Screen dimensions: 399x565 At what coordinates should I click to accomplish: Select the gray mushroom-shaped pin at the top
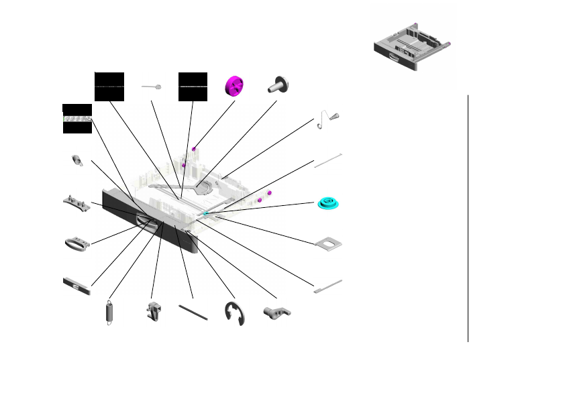click(278, 84)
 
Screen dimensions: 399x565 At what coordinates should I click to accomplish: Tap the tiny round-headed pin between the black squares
click(152, 87)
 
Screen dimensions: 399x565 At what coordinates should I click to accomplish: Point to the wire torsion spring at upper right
click(329, 119)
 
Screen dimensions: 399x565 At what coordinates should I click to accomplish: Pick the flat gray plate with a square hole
click(328, 244)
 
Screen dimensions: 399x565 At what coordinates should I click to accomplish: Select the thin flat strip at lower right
click(327, 286)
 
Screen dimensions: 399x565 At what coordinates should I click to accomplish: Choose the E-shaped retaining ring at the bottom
click(235, 314)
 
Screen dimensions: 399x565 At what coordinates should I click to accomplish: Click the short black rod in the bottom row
click(194, 312)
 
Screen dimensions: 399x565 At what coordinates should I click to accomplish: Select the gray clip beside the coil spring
click(154, 312)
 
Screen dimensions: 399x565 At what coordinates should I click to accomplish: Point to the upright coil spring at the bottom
click(109, 313)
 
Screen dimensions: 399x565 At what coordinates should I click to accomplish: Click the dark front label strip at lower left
click(76, 286)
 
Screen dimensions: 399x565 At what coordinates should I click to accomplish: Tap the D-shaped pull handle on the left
click(76, 242)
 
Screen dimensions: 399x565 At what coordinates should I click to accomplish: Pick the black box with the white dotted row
click(76, 119)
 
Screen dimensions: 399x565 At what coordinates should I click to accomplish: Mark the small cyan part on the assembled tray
click(205, 213)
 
